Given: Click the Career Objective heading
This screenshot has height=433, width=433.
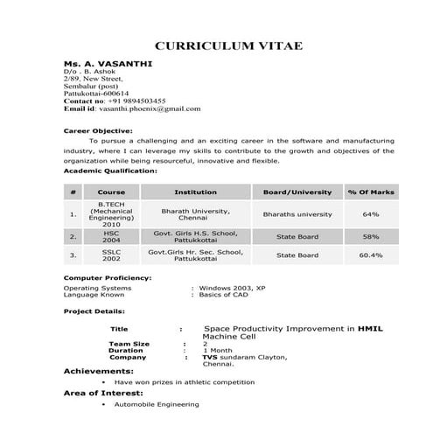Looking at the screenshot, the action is (x=98, y=129).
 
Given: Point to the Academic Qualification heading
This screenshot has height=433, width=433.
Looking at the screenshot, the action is (x=111, y=171).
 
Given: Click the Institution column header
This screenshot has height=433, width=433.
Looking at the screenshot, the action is (x=195, y=192).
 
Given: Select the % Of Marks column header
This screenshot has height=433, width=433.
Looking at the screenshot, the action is (x=370, y=192).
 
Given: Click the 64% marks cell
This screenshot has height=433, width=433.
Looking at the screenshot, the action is (x=370, y=214).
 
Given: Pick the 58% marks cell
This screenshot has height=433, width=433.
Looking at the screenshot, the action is (x=370, y=236).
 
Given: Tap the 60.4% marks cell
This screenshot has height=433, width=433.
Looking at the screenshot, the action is (x=370, y=255).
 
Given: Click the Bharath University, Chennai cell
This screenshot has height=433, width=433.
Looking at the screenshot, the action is (x=195, y=214).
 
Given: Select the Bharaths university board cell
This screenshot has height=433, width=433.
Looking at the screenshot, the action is (x=297, y=214).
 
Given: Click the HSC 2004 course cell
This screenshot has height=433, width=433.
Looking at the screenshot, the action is (x=111, y=236).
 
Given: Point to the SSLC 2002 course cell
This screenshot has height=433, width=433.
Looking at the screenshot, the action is (x=111, y=255).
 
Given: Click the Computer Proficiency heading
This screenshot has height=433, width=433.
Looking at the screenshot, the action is (x=108, y=277).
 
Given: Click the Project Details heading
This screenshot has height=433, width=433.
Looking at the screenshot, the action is (x=94, y=311).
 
